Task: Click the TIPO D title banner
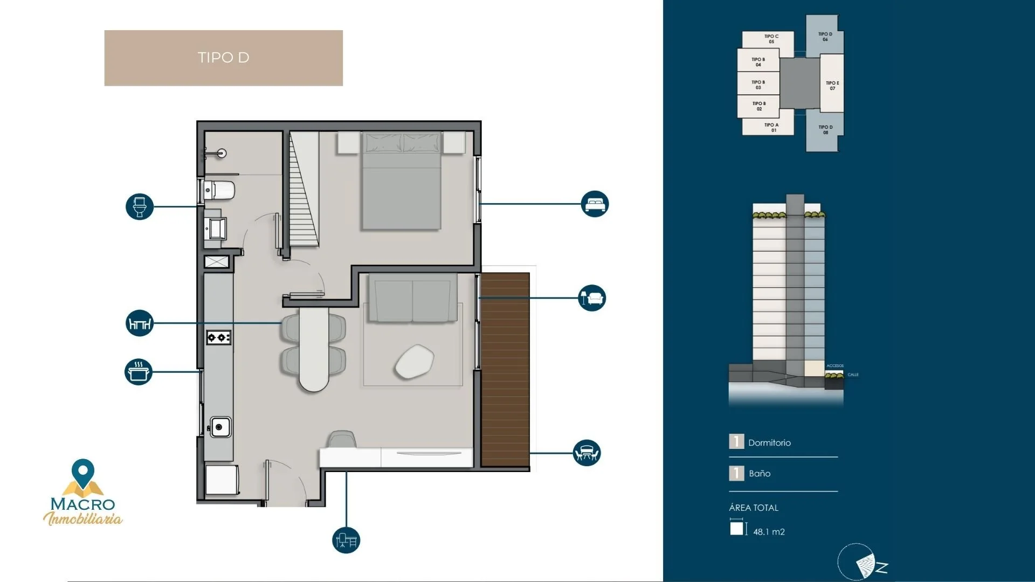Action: [223, 58]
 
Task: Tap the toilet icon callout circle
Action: [140, 206]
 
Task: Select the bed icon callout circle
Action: [595, 204]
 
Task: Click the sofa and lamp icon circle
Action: [592, 298]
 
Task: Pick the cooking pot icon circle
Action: [139, 372]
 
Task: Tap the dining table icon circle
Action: [140, 323]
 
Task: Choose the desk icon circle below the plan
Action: [346, 540]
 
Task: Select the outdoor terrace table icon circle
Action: [586, 453]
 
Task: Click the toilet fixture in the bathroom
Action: [220, 190]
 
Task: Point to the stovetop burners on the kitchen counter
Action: [219, 337]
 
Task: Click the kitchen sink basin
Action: [220, 427]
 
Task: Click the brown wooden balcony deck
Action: [505, 369]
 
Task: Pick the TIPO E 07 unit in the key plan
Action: [832, 85]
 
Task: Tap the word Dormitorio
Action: [769, 443]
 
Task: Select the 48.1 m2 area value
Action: [769, 532]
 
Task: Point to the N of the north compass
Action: [882, 567]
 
